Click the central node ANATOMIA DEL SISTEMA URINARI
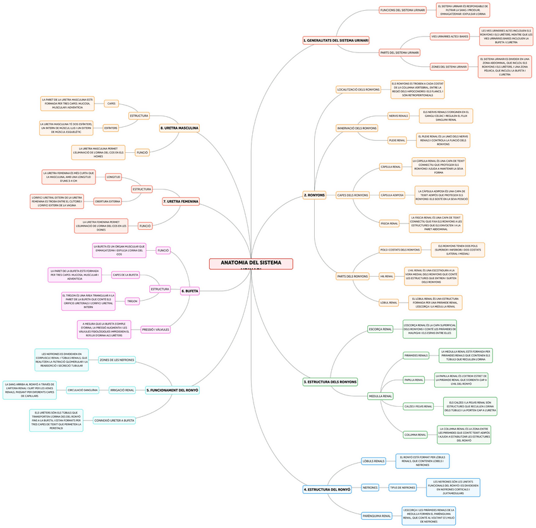(x=251, y=263)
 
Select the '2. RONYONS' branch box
(x=314, y=195)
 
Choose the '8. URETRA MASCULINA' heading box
(x=180, y=128)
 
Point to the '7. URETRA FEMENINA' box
(x=181, y=201)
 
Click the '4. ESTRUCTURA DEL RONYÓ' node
(x=327, y=489)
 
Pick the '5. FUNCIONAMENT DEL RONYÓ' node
(x=173, y=390)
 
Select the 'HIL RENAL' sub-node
(x=387, y=276)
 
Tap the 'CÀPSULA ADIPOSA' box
(x=392, y=195)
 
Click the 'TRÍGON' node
(x=132, y=301)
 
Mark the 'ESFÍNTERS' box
(x=111, y=128)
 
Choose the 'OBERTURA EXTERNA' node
(x=107, y=201)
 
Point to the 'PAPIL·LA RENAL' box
(x=414, y=380)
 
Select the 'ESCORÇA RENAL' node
(x=381, y=329)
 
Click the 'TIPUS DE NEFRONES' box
(x=403, y=488)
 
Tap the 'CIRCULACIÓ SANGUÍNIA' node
(x=83, y=390)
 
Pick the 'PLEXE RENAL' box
(x=397, y=140)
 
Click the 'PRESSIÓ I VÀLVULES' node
(x=155, y=329)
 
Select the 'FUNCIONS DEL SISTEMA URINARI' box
(x=403, y=10)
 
